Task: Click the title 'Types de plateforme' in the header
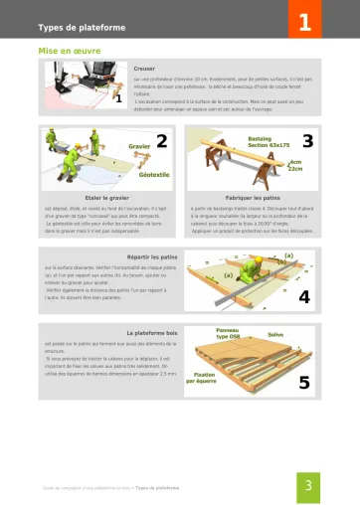click(82, 27)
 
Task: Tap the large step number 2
click(161, 141)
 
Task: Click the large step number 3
click(307, 141)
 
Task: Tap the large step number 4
click(303, 296)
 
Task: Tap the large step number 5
click(303, 382)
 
